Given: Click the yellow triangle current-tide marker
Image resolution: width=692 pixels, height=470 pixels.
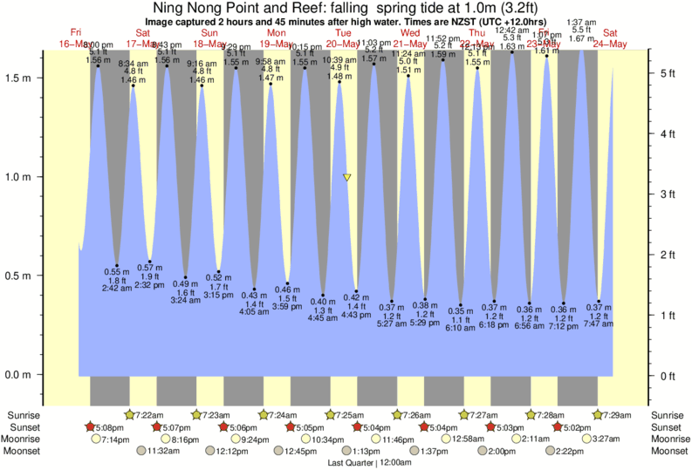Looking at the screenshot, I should [347, 177].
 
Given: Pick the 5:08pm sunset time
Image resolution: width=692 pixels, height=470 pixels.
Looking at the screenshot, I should [110, 427].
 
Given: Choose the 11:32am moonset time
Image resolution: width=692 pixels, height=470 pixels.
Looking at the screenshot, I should [163, 452].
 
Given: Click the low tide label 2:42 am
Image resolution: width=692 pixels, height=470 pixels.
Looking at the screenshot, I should [116, 288].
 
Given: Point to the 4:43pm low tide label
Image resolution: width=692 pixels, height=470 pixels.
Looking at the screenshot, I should [358, 317].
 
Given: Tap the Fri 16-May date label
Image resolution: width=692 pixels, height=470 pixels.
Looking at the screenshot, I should [76, 37].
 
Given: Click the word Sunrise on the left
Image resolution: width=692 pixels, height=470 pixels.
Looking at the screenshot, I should [24, 415].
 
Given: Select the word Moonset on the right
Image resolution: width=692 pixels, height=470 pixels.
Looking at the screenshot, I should [666, 452].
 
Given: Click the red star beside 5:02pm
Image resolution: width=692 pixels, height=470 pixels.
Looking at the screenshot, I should [557, 427].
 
